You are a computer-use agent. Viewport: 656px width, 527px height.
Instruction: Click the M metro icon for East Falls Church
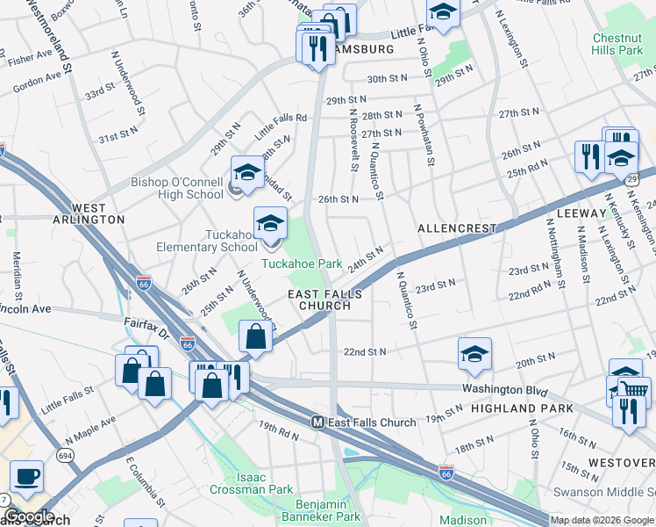click(318, 422)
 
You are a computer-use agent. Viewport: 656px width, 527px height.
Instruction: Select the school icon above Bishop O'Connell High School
click(247, 173)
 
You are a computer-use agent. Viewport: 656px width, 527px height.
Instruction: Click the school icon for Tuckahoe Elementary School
click(270, 224)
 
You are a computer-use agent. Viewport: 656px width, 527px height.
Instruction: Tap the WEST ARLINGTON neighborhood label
click(98, 213)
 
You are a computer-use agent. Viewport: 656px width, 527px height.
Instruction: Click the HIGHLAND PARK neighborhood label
click(522, 408)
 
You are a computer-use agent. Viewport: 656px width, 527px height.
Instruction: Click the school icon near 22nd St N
click(474, 353)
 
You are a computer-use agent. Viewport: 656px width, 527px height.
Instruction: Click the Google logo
click(29, 516)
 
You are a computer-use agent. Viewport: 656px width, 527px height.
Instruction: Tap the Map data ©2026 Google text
click(601, 520)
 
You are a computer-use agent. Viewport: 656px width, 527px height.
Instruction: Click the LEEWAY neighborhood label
click(581, 213)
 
